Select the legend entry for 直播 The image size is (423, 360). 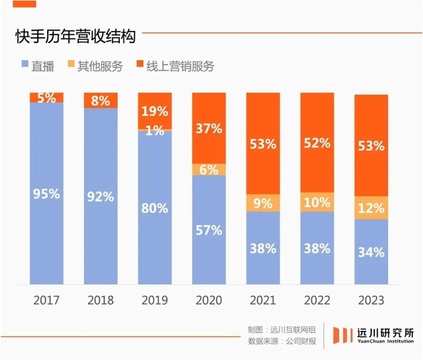[x=37, y=66]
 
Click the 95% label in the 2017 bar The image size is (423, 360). [x=47, y=194]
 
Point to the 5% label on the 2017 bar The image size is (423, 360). [x=47, y=97]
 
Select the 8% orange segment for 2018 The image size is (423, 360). [x=101, y=100]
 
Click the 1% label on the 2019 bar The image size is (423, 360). [x=155, y=130]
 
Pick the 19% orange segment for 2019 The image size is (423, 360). [x=155, y=111]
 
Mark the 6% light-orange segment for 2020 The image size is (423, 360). [x=209, y=170]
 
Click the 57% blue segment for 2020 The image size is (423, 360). [x=209, y=230]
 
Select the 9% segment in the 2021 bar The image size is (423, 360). [x=263, y=202]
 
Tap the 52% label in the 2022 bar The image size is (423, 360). [x=317, y=143]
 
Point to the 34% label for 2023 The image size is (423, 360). [x=370, y=251]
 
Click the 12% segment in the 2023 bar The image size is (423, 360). [x=370, y=208]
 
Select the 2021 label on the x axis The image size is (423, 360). [x=263, y=300]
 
